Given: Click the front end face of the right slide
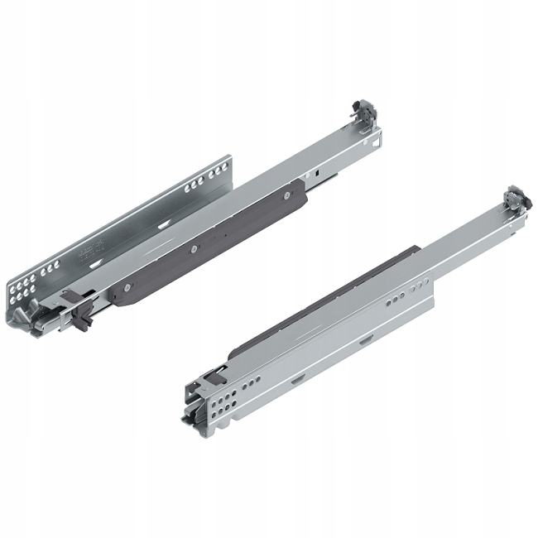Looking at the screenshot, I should [x=197, y=406].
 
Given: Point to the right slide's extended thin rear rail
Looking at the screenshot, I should [x=464, y=240].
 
